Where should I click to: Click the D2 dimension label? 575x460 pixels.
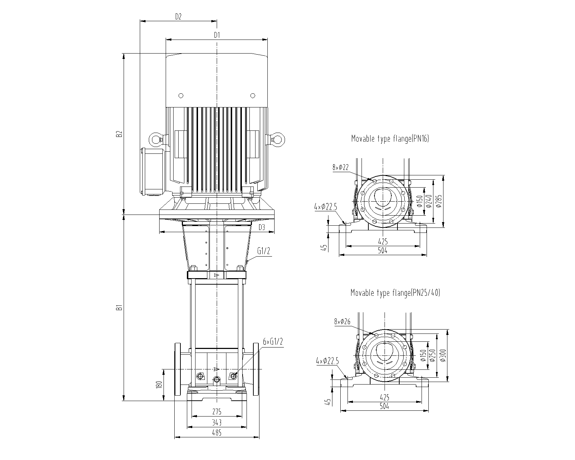[178, 17]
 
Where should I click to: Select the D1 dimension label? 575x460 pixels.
[217, 35]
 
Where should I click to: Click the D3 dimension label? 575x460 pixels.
[262, 227]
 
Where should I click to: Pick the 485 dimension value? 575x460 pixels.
[217, 432]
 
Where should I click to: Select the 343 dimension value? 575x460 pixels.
[217, 422]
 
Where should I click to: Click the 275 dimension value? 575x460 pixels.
[217, 411]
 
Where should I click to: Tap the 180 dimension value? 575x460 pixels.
[159, 385]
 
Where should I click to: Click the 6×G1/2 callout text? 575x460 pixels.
[273, 342]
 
